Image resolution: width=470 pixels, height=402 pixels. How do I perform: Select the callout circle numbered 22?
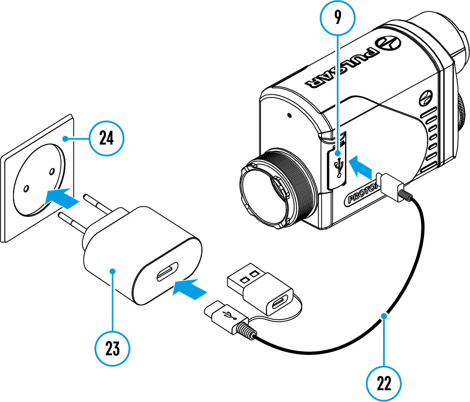pyautogui.click(x=384, y=384)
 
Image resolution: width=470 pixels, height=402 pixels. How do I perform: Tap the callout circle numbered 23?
pyautogui.click(x=112, y=348)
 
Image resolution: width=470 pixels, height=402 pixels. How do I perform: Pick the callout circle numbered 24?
pyautogui.click(x=106, y=139)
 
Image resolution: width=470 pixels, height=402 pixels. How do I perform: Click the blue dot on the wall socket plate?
pyautogui.click(x=65, y=139)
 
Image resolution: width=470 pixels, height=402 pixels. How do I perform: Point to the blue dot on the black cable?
pyautogui.click(x=384, y=315)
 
